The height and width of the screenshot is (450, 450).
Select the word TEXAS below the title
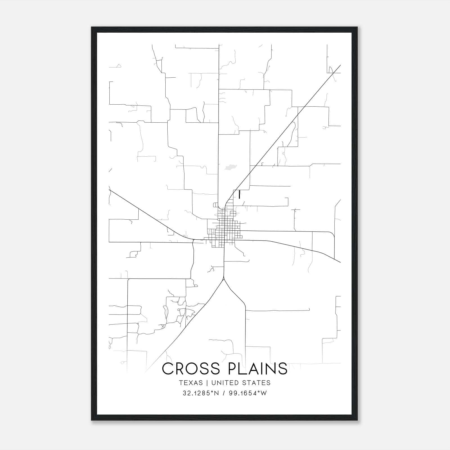pyautogui.click(x=191, y=383)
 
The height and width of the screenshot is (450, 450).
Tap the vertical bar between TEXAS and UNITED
pyautogui.click(x=207, y=383)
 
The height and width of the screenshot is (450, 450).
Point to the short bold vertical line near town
pyautogui.click(x=239, y=195)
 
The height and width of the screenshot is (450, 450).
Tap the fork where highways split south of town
pyautogui.click(x=224, y=279)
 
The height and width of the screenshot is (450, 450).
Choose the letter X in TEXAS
pyautogui.click(x=192, y=383)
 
